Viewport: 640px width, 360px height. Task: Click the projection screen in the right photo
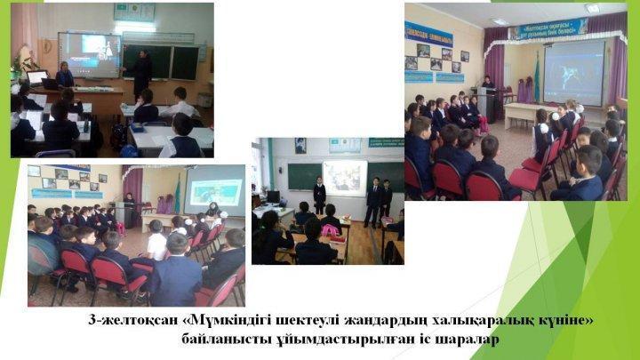click(573, 71)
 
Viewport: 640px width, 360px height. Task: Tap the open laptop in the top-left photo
click(37, 78)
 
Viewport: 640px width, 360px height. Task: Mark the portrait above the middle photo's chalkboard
click(300, 145)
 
